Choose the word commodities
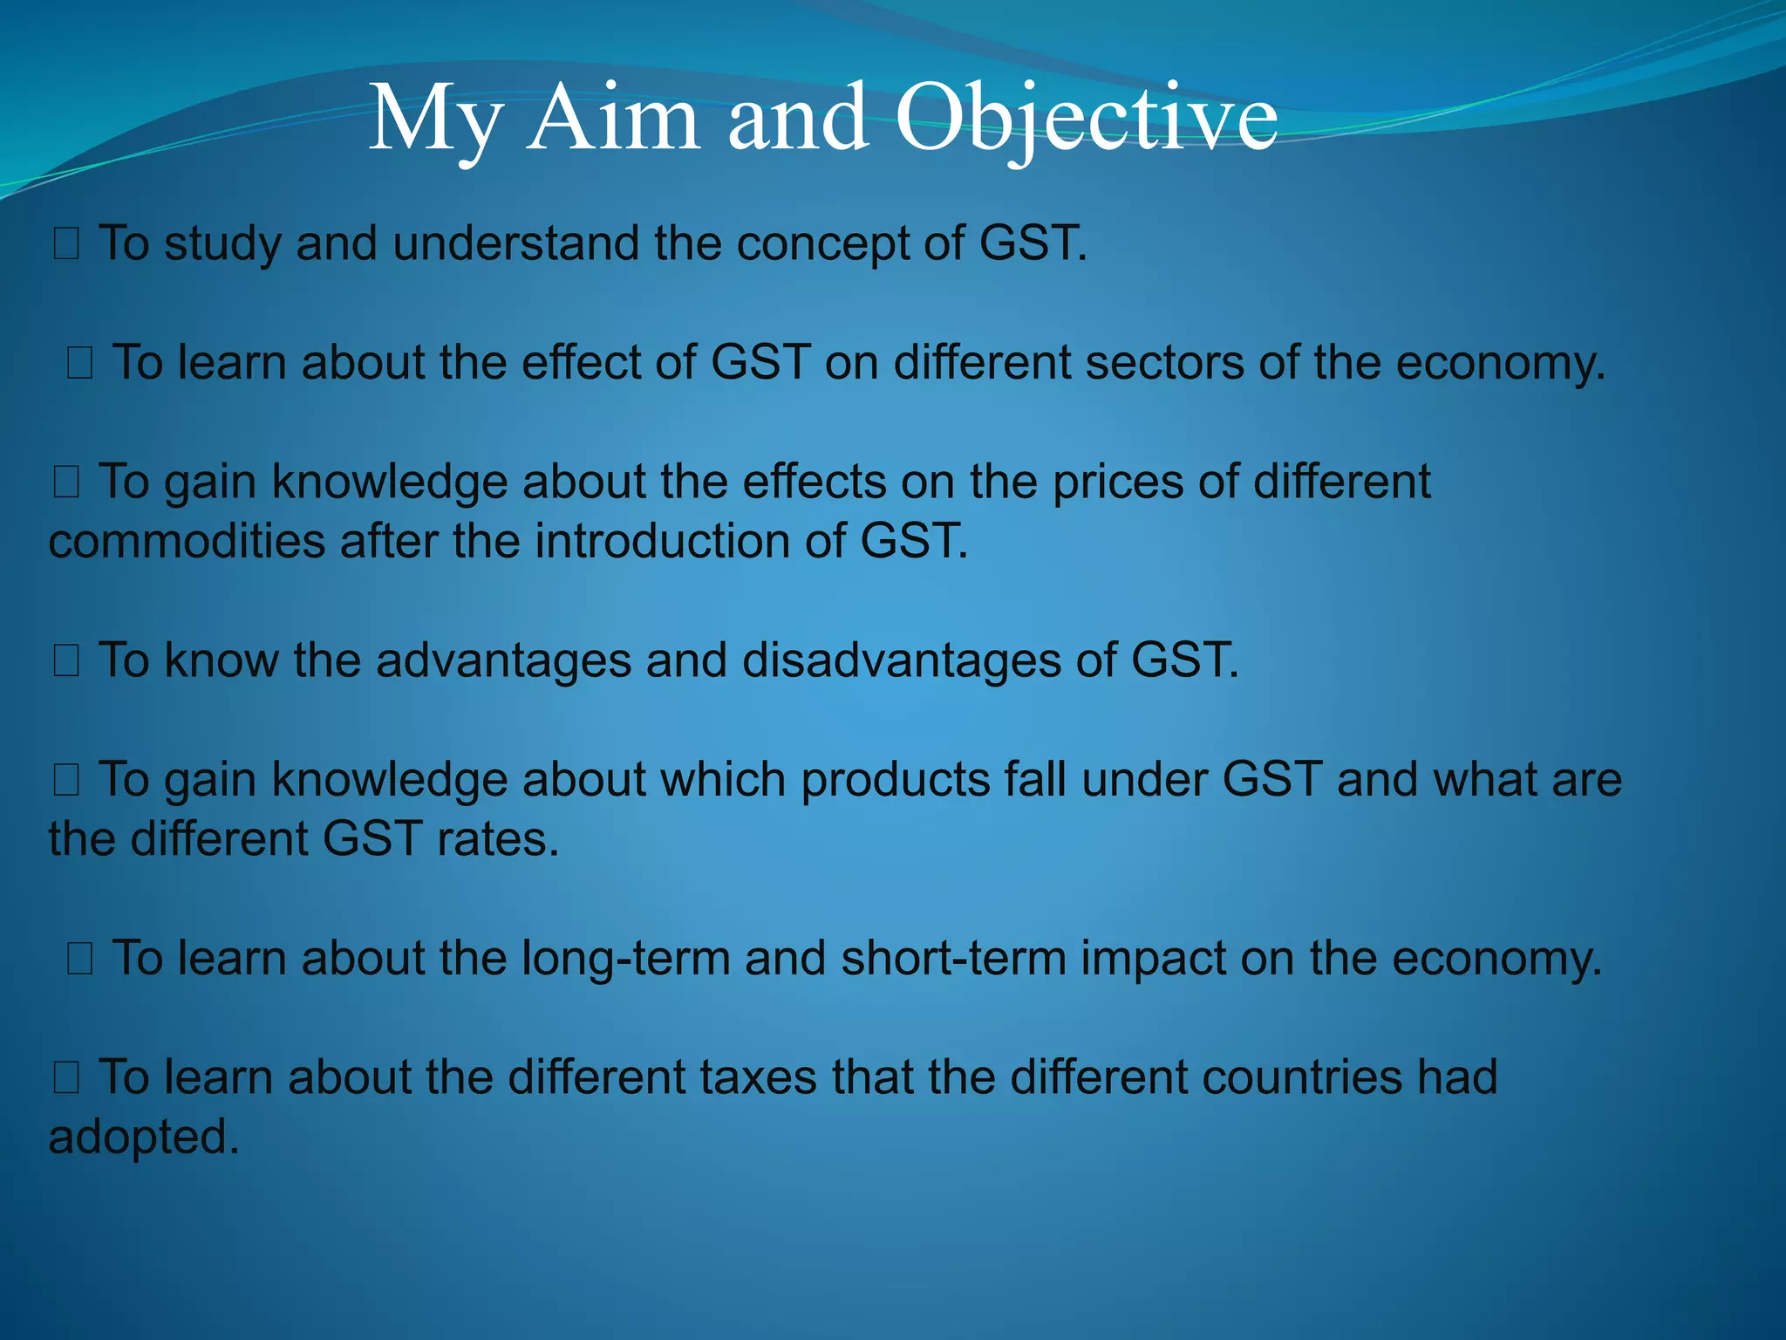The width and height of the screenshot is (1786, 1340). pyautogui.click(x=187, y=542)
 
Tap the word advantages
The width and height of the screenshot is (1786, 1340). pyautogui.click(x=503, y=660)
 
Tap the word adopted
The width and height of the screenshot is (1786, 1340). pyautogui.click(x=144, y=1138)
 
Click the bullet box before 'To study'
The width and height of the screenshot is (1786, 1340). pyautogui.click(x=66, y=244)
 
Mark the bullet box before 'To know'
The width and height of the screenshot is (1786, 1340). pyautogui.click(x=66, y=661)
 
